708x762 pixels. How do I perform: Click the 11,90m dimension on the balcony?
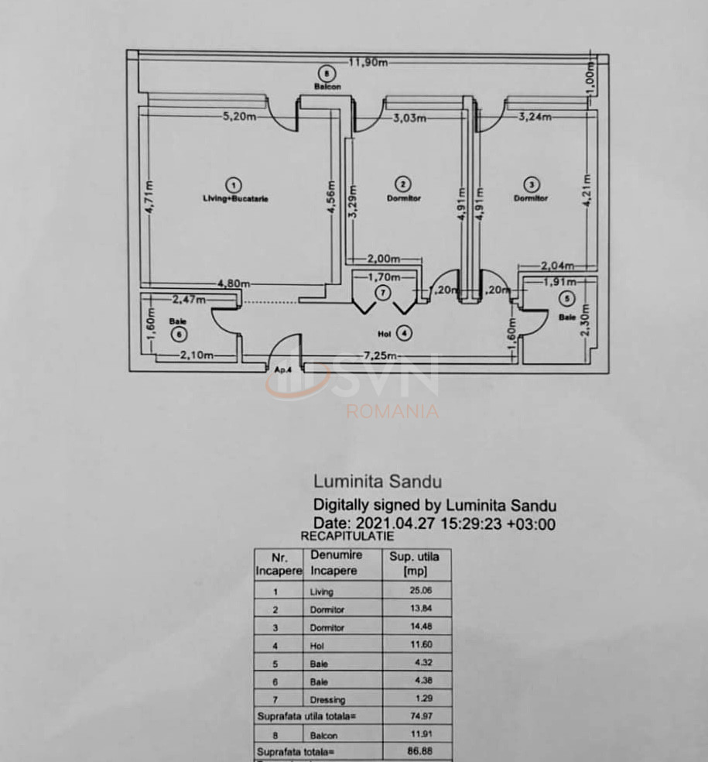(x=368, y=63)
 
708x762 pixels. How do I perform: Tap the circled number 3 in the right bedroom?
(x=532, y=184)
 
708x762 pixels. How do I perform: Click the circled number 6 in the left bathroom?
(x=180, y=335)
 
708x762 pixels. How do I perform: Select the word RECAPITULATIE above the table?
(x=347, y=535)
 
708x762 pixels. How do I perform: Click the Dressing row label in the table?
(x=327, y=700)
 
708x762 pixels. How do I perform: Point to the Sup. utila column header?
(x=416, y=563)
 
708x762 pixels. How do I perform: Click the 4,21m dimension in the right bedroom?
(x=588, y=188)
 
